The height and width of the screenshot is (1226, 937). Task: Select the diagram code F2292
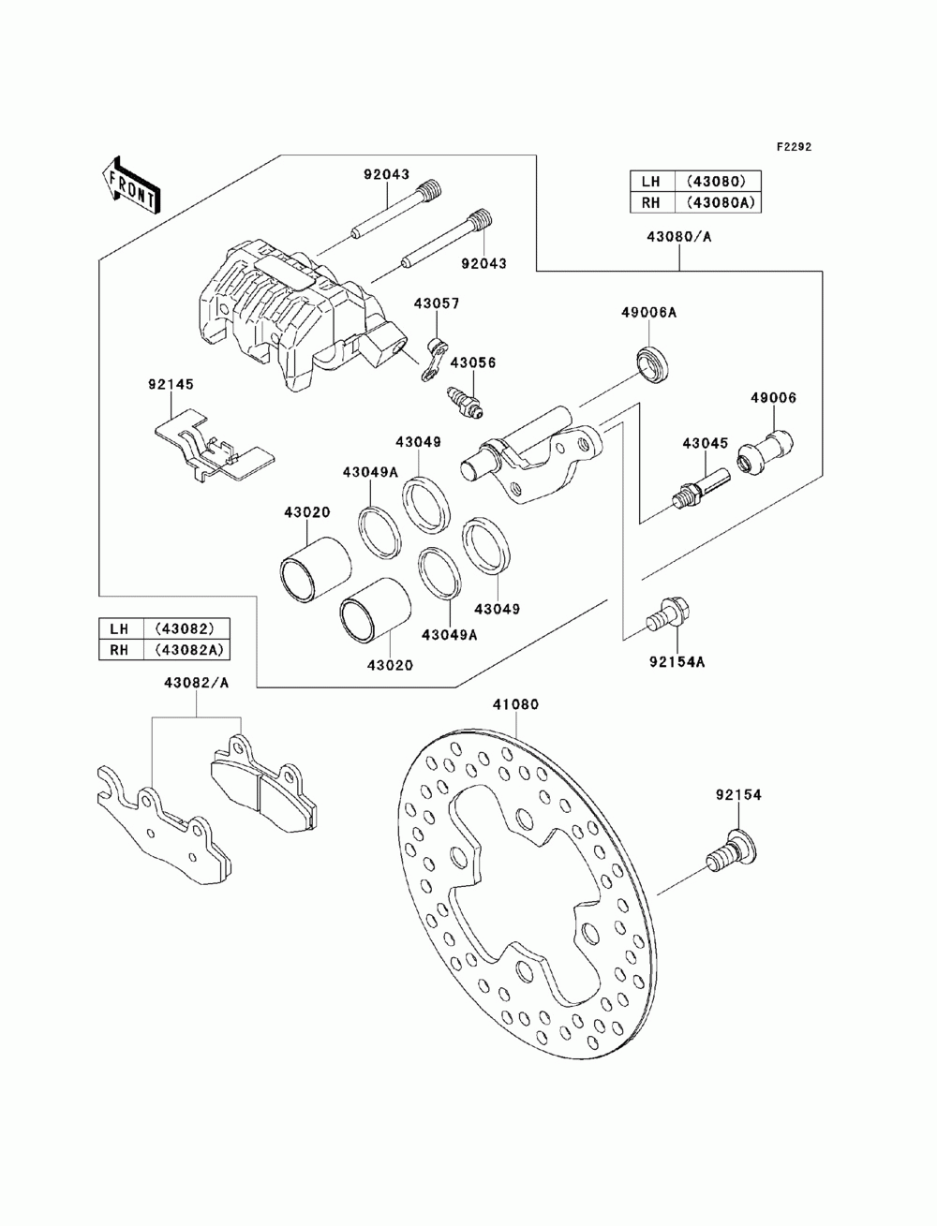point(794,147)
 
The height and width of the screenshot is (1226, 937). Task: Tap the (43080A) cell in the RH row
point(718,202)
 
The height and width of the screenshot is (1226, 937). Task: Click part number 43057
point(437,303)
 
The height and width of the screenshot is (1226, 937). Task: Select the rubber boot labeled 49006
point(765,451)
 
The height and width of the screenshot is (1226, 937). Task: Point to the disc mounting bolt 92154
point(732,860)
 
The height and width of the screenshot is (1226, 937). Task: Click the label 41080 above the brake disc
point(515,705)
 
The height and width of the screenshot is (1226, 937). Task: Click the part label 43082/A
point(197,683)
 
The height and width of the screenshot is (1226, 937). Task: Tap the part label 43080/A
point(679,237)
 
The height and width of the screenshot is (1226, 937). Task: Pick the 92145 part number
point(171,384)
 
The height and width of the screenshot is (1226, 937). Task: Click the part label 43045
point(706,444)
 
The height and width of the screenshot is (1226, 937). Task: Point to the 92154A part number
point(677,662)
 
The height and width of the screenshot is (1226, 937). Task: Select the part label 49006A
point(648,313)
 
